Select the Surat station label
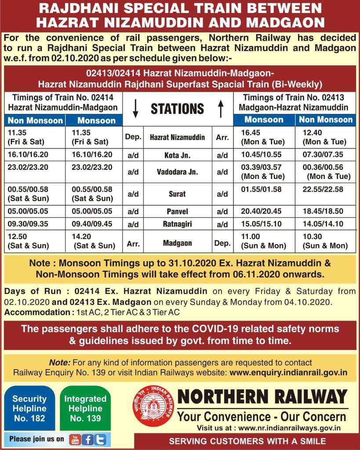click(177, 194)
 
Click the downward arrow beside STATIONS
click(136, 109)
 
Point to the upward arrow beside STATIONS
click(221, 109)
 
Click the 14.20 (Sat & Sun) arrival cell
click(93, 241)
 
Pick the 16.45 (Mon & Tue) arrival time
click(262, 137)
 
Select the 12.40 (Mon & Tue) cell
click(324, 137)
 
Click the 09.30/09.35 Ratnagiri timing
click(28, 223)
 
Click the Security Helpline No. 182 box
click(29, 408)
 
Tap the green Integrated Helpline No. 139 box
click(85, 408)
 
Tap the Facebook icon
click(87, 439)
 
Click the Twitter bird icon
click(100, 439)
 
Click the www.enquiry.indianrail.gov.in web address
click(288, 372)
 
